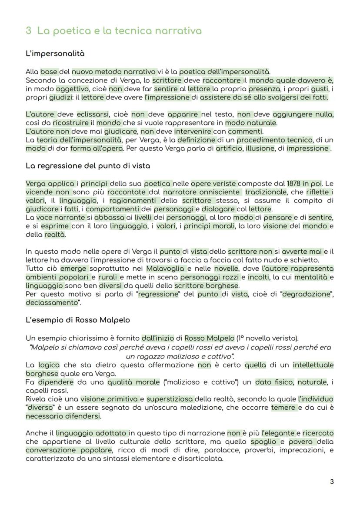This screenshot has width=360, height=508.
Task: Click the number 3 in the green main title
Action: (x=29, y=31)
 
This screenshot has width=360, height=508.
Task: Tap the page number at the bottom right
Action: (x=332, y=481)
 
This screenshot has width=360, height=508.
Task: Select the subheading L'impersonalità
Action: (x=55, y=54)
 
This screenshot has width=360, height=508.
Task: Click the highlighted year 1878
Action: (x=295, y=183)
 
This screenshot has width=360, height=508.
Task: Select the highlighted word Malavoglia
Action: (x=165, y=269)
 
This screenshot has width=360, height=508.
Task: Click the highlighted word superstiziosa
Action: (x=170, y=399)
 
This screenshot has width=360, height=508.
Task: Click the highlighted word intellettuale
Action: (x=313, y=365)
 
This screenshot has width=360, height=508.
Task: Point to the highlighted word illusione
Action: (x=260, y=148)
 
